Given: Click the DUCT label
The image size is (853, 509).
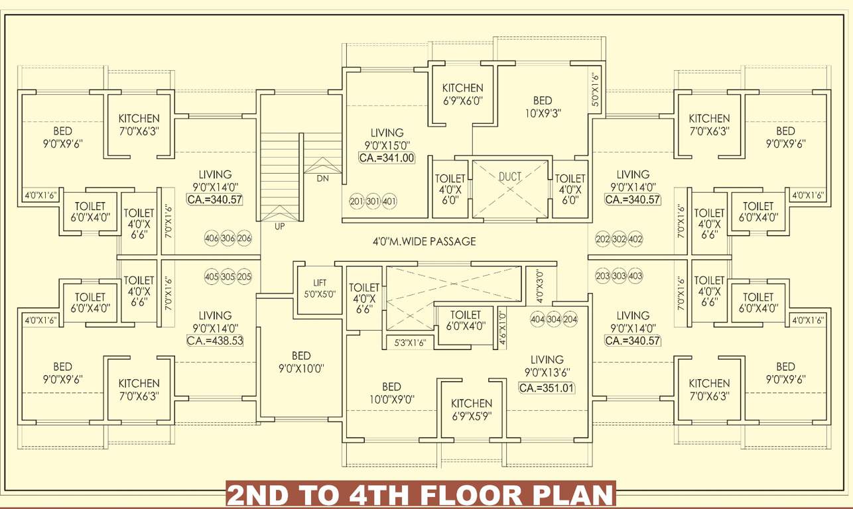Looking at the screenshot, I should (x=509, y=177).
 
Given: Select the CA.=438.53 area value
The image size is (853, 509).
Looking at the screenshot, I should (x=215, y=341).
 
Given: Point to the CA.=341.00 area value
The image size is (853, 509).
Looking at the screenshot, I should (x=387, y=158).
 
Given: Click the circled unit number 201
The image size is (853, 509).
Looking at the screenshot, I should (x=356, y=201).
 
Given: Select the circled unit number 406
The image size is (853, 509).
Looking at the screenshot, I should (x=212, y=239).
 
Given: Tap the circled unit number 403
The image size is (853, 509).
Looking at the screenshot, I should (x=635, y=276).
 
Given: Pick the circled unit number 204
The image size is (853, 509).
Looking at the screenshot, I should (x=570, y=319).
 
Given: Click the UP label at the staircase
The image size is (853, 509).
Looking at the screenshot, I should (x=279, y=227).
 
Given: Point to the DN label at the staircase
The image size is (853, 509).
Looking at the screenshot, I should (x=322, y=179).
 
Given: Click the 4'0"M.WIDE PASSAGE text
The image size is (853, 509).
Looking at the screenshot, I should (x=424, y=241).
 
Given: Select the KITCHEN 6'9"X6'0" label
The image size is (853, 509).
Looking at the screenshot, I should (x=462, y=94).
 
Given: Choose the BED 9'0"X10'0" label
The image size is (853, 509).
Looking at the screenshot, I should (x=301, y=363).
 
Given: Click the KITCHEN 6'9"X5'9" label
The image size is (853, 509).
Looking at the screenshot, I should (x=472, y=410).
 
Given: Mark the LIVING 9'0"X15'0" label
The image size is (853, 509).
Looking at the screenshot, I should (x=387, y=139).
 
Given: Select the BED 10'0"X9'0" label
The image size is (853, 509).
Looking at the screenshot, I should (x=391, y=393).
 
